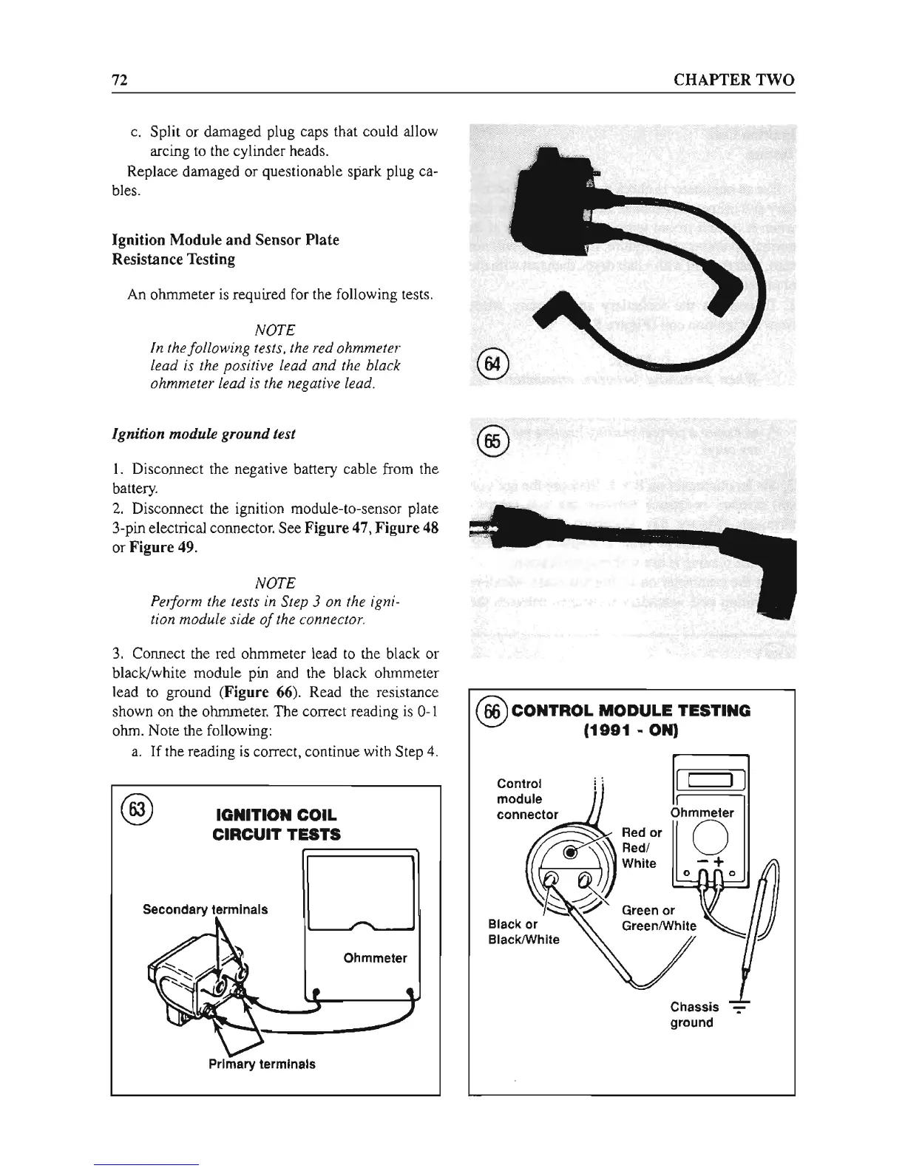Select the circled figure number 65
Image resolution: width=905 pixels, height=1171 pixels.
pyautogui.click(x=492, y=441)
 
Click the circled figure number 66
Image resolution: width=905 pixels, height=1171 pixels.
pyautogui.click(x=492, y=711)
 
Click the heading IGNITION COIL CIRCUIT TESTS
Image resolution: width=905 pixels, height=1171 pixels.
pyautogui.click(x=276, y=825)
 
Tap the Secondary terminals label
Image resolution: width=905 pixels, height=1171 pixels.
pyautogui.click(x=205, y=909)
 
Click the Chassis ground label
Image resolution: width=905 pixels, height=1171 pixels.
pyautogui.click(x=694, y=1014)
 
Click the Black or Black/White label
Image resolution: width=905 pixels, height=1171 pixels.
pyautogui.click(x=523, y=931)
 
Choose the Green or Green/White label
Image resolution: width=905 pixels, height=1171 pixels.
pyautogui.click(x=659, y=917)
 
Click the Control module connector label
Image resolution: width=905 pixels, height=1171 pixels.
pyautogui.click(x=527, y=798)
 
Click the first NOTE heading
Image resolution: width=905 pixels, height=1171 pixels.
pyautogui.click(x=274, y=329)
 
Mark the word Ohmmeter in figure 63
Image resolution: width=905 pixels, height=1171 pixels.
pyautogui.click(x=375, y=958)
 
